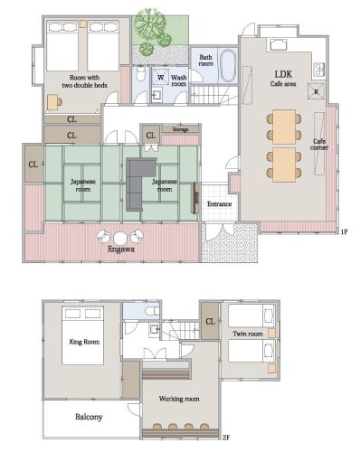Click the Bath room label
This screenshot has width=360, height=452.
(x=206, y=61)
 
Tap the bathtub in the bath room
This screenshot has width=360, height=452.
(x=227, y=65)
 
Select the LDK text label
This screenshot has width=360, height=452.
(x=283, y=74)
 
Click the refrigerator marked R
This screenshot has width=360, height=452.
(x=317, y=91)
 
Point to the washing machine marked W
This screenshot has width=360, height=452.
(x=161, y=78)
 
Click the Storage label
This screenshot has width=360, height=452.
(x=180, y=129)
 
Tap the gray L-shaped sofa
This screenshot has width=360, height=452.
(x=139, y=184)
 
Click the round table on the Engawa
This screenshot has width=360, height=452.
(x=120, y=238)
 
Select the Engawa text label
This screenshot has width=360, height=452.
(x=121, y=250)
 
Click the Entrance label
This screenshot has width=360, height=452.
(x=220, y=204)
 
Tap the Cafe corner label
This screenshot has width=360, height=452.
(x=319, y=145)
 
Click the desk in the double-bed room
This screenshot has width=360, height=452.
(x=53, y=102)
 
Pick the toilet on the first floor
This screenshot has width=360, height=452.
(x=140, y=73)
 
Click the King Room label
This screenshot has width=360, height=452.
(x=84, y=342)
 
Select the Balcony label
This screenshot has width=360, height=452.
(x=89, y=417)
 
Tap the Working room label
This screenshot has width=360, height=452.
(x=179, y=399)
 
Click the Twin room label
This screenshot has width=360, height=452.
(x=247, y=334)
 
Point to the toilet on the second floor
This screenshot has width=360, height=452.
(x=152, y=310)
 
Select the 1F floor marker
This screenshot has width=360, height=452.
(x=344, y=231)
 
